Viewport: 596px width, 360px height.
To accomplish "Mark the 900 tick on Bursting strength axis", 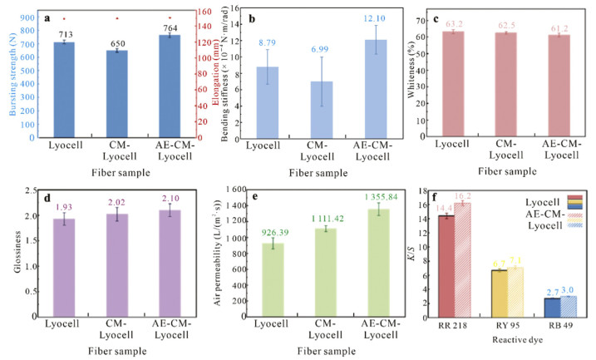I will point(25,17).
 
